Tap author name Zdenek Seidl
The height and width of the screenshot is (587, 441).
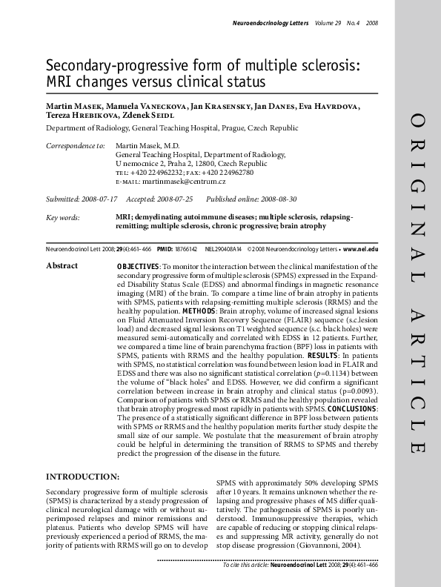(x=148, y=116)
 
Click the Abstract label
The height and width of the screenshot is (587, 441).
(x=62, y=265)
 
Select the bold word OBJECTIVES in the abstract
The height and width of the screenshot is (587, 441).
(x=138, y=266)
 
